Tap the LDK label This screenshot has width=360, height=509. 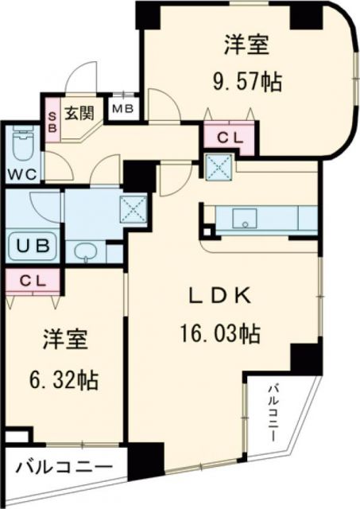coord(220,297)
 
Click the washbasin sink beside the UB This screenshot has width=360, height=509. coord(86,254)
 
